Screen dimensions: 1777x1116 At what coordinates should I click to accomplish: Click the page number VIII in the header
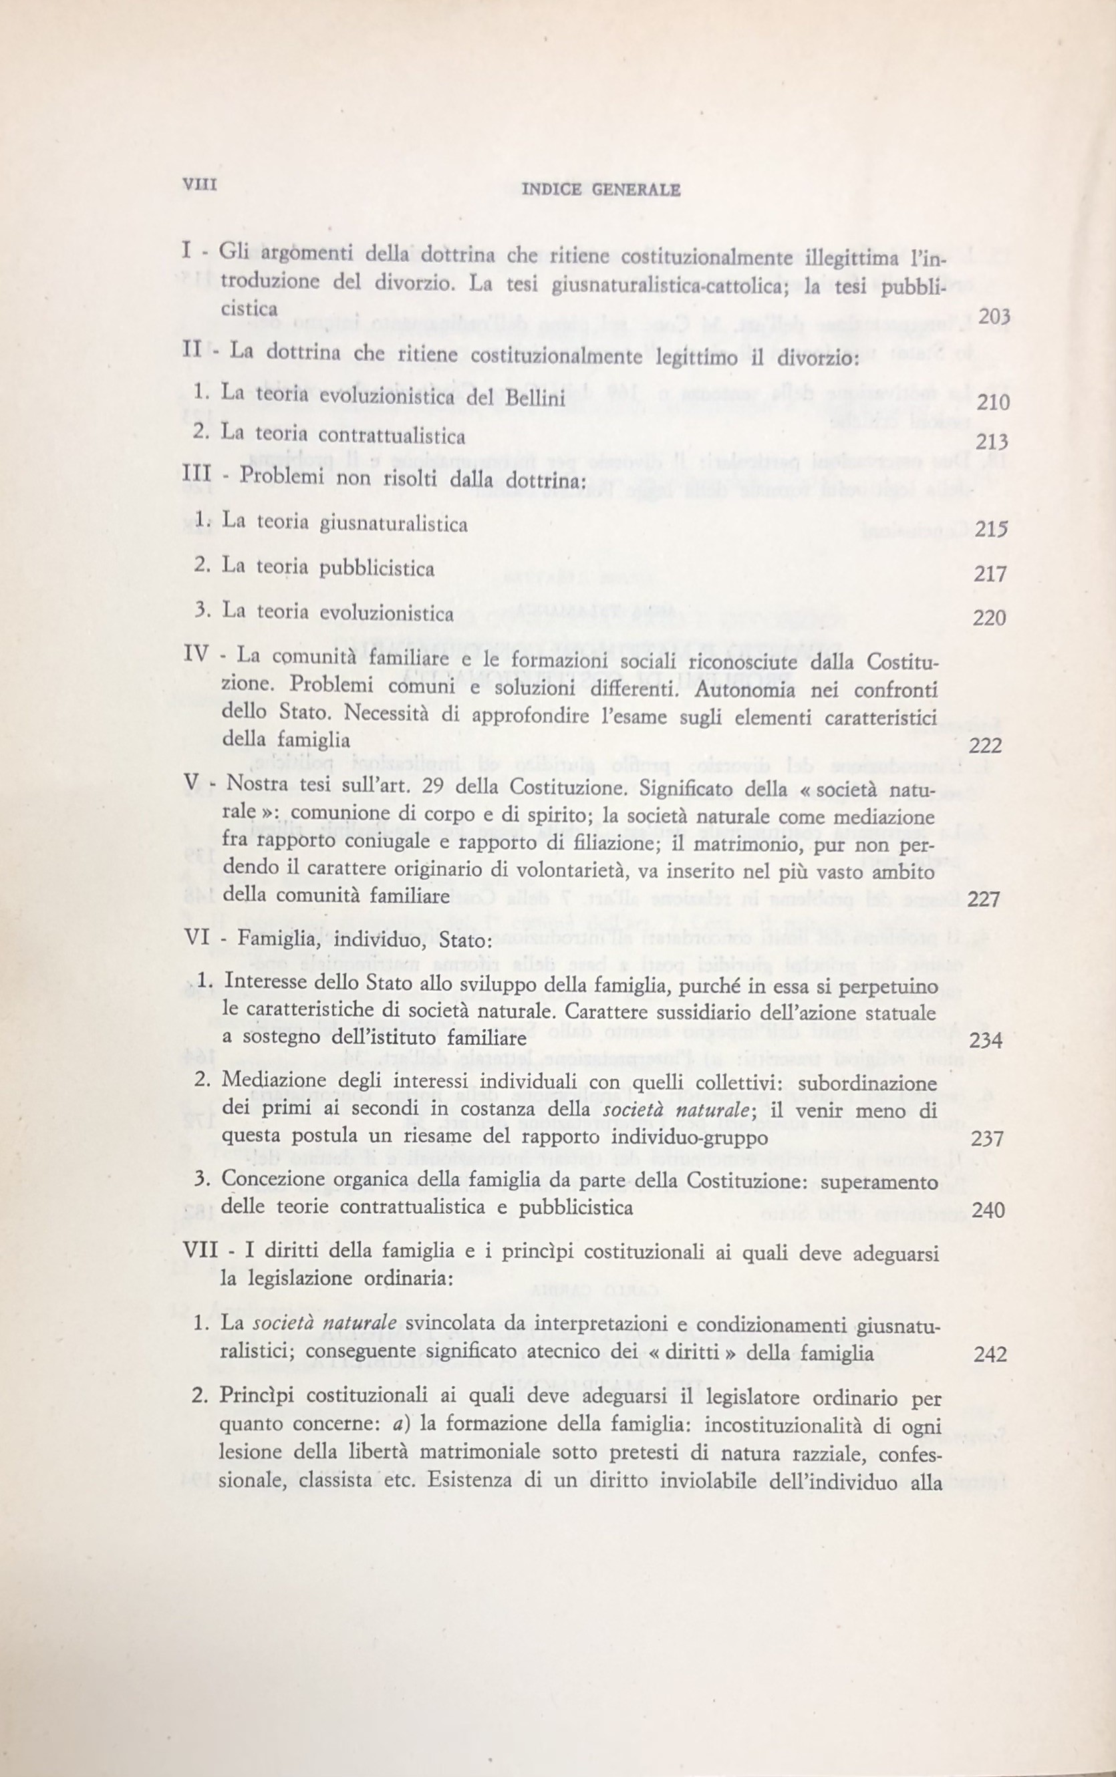click(199, 186)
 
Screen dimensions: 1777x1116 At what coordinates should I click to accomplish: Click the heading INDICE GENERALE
click(600, 190)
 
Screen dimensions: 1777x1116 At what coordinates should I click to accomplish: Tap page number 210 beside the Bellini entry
click(992, 403)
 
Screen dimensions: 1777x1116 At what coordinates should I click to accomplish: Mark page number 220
click(990, 617)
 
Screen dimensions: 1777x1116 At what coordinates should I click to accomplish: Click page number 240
click(989, 1210)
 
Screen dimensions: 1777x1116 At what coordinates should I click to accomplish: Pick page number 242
click(990, 1354)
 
